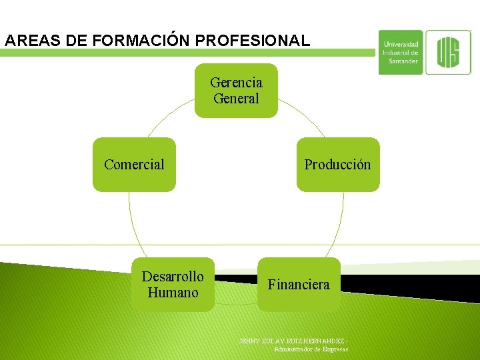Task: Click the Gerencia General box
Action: click(236, 91)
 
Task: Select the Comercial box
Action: click(134, 165)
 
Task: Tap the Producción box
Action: click(337, 165)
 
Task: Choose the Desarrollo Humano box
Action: click(173, 285)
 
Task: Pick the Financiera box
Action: click(299, 285)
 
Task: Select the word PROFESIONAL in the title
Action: click(253, 41)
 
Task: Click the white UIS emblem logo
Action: click(448, 51)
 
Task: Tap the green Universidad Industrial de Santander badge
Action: click(401, 52)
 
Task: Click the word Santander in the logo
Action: click(403, 61)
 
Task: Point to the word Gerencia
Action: click(236, 83)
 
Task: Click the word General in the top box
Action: click(236, 99)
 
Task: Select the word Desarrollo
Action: click(173, 277)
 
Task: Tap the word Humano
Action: click(173, 293)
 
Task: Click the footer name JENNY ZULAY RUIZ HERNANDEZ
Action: click(293, 341)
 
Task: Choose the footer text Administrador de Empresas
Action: click(311, 349)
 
